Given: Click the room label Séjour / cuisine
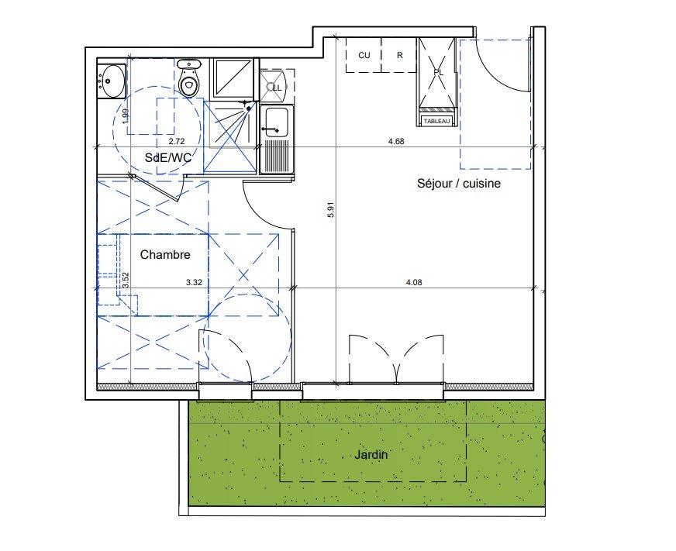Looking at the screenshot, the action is (459, 184).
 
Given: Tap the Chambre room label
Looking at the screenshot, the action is (165, 255).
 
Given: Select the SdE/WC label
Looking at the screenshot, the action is (168, 158).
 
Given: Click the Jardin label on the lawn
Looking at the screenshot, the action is (371, 455).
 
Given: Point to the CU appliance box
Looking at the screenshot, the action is (364, 55).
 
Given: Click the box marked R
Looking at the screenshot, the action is (400, 55).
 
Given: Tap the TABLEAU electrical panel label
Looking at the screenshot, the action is (436, 121).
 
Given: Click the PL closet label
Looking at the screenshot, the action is (438, 72).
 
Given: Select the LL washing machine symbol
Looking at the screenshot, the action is (277, 87).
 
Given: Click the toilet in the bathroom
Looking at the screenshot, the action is (189, 77).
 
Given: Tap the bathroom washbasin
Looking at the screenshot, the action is (111, 81).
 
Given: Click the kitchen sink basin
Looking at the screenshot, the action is (277, 122).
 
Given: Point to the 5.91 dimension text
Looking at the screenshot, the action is (331, 210).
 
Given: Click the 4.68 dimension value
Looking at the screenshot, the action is (396, 141).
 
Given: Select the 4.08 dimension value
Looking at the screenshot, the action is (414, 283).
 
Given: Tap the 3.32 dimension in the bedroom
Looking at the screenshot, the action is (194, 283).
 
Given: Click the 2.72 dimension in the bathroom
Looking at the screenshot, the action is (176, 141).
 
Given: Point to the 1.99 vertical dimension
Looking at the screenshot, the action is (126, 115).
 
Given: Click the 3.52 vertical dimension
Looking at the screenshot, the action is (126, 280).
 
